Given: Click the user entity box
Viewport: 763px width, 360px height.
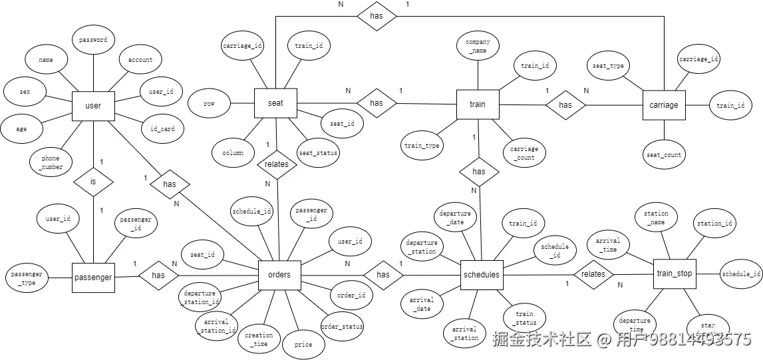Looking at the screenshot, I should [93, 106].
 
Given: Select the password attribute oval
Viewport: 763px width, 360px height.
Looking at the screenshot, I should [93, 40].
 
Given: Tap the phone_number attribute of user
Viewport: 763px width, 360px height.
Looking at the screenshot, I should [51, 162].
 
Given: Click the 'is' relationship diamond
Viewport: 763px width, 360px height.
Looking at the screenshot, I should [93, 180].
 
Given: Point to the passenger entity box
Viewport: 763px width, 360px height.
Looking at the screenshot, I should [92, 277].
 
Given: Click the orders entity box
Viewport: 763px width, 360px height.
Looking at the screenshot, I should [279, 275].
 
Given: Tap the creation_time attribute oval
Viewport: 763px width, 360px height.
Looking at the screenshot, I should [259, 340].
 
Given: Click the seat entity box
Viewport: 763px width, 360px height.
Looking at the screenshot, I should [275, 104].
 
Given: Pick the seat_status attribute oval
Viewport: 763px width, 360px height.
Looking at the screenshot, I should [318, 153].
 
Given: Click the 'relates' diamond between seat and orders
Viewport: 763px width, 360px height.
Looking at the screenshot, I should [277, 163].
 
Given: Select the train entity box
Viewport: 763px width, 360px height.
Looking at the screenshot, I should [477, 104].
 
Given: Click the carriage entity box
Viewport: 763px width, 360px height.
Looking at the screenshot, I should [664, 104].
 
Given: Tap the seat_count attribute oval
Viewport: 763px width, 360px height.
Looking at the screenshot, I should [663, 155].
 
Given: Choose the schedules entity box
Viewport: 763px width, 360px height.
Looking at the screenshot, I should [480, 275].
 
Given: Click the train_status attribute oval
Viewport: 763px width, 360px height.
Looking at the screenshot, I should [524, 318].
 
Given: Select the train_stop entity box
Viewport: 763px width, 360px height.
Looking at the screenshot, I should [674, 273].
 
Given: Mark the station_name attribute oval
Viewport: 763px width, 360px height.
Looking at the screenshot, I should [656, 218].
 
